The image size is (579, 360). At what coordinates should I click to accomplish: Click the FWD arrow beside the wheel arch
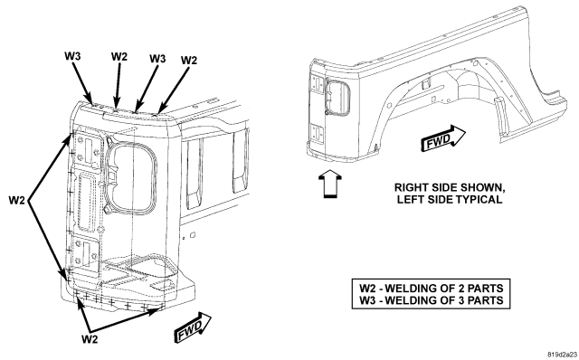coord(442,138)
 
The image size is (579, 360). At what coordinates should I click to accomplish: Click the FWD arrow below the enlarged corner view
coord(193,327)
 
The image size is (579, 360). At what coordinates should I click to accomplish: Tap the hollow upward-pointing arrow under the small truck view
coord(329,184)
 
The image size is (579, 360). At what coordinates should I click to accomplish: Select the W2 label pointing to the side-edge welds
coord(17,201)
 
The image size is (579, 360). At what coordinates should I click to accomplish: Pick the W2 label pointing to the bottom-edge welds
coord(90,338)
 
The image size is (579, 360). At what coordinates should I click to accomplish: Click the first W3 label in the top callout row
coord(72,56)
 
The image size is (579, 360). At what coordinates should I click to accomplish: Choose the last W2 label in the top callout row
coord(189,61)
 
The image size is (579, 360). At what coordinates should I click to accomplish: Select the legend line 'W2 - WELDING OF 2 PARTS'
coord(432,288)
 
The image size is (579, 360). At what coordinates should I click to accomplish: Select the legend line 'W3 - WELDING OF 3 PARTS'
coord(432,300)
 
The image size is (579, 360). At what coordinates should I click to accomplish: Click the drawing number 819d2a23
coord(563,354)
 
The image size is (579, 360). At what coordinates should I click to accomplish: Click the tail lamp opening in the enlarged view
coord(131,175)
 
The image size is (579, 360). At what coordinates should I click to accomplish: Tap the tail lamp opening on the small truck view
coord(337,98)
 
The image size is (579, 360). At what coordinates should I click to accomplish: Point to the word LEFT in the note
coord(410,200)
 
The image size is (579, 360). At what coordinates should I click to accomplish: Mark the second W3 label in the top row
coord(157,59)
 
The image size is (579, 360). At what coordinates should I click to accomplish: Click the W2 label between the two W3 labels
coord(119,57)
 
